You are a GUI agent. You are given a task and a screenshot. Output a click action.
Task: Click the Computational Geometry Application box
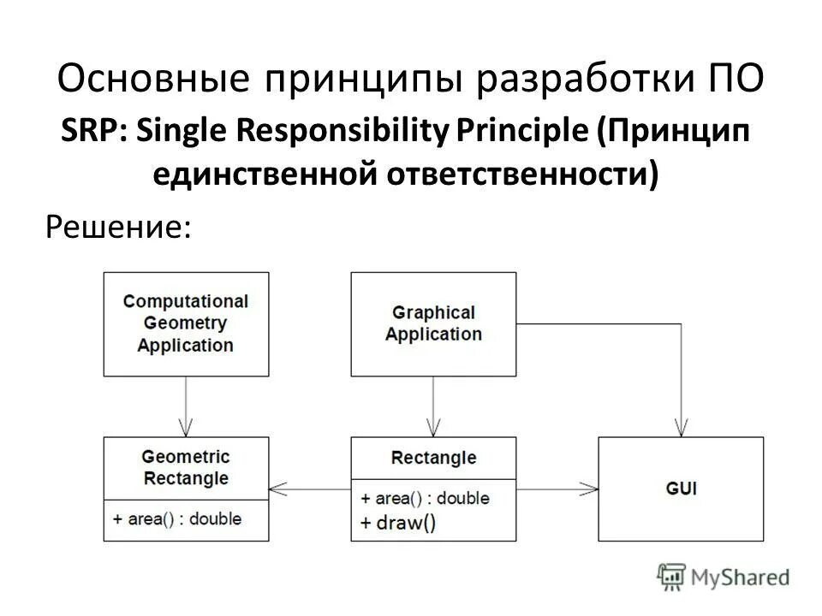[x=186, y=323]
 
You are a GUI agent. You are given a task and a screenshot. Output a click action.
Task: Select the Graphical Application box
[x=433, y=323]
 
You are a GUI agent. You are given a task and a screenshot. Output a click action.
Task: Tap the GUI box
[x=680, y=489]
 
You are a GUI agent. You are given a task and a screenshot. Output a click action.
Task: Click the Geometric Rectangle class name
[x=186, y=467]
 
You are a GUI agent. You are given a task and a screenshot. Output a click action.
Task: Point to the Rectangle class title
[x=433, y=458]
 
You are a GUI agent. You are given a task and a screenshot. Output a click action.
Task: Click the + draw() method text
[x=398, y=523]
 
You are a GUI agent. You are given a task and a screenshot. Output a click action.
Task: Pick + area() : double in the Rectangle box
[x=426, y=498]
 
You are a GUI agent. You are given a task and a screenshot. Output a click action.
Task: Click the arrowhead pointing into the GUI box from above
[x=681, y=428]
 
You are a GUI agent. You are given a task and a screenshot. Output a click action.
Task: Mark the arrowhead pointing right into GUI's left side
[x=589, y=489]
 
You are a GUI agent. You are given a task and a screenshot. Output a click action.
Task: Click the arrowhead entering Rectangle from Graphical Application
[x=433, y=428]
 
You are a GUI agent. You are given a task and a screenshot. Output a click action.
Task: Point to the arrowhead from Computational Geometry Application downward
[x=186, y=428]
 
